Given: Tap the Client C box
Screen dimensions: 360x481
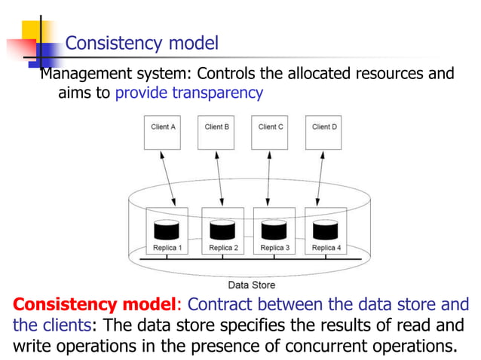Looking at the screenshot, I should point(271,131).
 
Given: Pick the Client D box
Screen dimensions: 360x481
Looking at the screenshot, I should point(324,131).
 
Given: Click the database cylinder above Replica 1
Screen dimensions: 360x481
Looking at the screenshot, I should point(166,229).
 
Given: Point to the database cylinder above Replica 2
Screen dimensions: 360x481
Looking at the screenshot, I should point(222,229).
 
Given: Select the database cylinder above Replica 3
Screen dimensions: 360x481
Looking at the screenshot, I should point(272,229).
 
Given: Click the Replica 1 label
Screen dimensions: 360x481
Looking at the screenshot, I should point(164,247).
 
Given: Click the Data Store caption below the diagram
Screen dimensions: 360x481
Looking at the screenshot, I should point(251,285).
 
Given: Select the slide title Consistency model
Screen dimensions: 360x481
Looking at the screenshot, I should point(142,43).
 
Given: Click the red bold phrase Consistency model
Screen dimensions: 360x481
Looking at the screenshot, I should point(93,305).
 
